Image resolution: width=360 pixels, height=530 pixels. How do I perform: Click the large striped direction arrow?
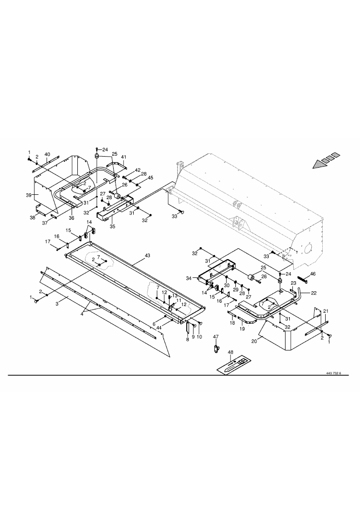(x=325, y=160)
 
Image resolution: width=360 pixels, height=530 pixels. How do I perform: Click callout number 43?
(x=147, y=256)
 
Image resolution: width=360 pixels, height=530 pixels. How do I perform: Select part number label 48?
(x=231, y=352)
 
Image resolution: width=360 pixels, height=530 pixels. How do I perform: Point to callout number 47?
(x=216, y=337)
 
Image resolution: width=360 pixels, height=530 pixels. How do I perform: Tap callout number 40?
(x=47, y=154)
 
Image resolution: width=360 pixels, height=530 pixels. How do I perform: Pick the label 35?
(x=112, y=226)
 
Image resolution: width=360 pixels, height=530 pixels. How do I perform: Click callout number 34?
(x=189, y=278)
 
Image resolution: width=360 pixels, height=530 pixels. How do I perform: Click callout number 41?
(x=123, y=157)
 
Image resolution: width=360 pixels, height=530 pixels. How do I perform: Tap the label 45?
(x=150, y=178)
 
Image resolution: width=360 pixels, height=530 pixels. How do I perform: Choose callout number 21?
(x=326, y=311)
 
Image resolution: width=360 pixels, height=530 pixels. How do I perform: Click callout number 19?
(x=242, y=329)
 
